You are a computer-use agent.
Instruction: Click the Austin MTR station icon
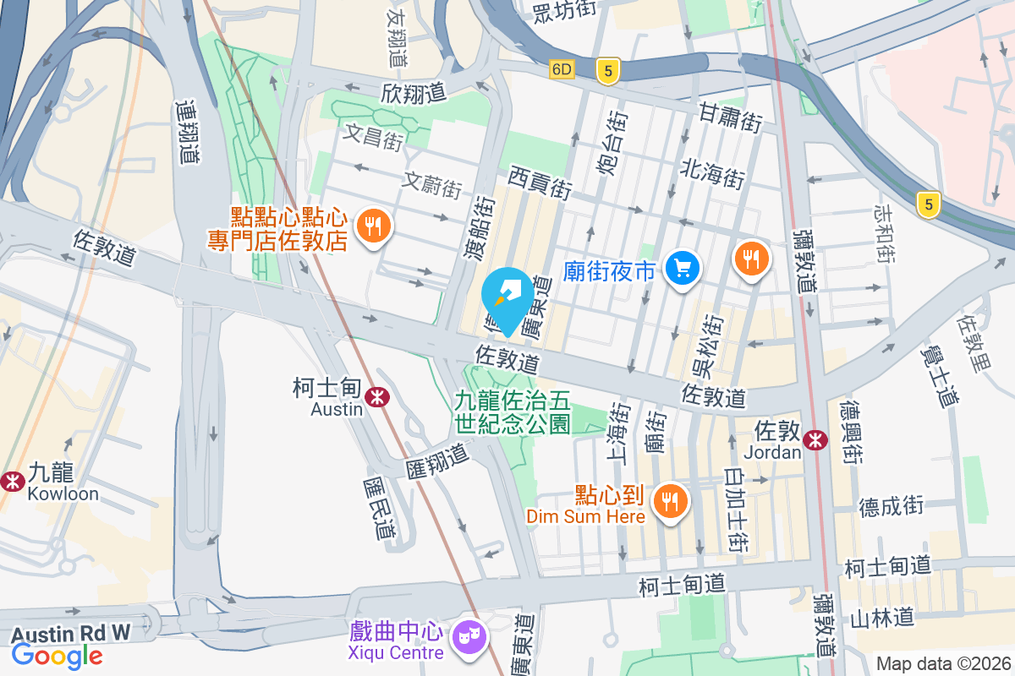377,395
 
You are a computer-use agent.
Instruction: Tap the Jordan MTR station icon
815,439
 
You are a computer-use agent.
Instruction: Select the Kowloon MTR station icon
12,481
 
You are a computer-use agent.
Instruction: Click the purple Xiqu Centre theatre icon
467,634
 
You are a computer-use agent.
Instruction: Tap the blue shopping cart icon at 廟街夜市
682,269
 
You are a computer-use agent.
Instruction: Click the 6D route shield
562,69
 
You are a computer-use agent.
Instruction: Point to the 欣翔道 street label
414,92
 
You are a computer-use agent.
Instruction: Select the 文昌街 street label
374,136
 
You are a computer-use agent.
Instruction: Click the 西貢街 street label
541,182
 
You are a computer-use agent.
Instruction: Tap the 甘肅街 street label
731,117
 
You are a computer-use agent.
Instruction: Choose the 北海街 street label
712,173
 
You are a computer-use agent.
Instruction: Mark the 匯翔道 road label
436,457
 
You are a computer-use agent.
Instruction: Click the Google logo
58,655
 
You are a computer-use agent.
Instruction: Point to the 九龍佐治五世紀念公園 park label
513,412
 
